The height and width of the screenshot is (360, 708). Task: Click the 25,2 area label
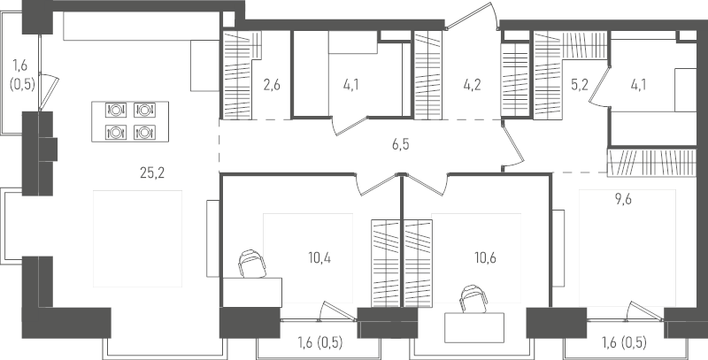(x=152, y=172)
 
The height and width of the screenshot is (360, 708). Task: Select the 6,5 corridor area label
(x=401, y=145)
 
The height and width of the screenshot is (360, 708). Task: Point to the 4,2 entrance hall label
(x=472, y=85)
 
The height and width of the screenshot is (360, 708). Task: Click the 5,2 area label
(x=580, y=85)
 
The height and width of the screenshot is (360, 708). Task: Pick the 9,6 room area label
(x=623, y=200)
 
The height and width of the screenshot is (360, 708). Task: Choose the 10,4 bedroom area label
(x=319, y=258)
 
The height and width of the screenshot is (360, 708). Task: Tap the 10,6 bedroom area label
(x=485, y=258)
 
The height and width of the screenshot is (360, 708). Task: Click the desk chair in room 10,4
(x=252, y=264)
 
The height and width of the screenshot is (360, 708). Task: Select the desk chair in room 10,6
(x=473, y=299)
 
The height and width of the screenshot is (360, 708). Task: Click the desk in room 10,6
(x=474, y=327)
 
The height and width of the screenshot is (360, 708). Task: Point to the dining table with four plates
(x=130, y=121)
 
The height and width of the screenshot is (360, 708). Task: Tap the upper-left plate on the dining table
(x=116, y=110)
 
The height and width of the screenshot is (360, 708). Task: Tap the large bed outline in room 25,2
(x=138, y=239)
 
